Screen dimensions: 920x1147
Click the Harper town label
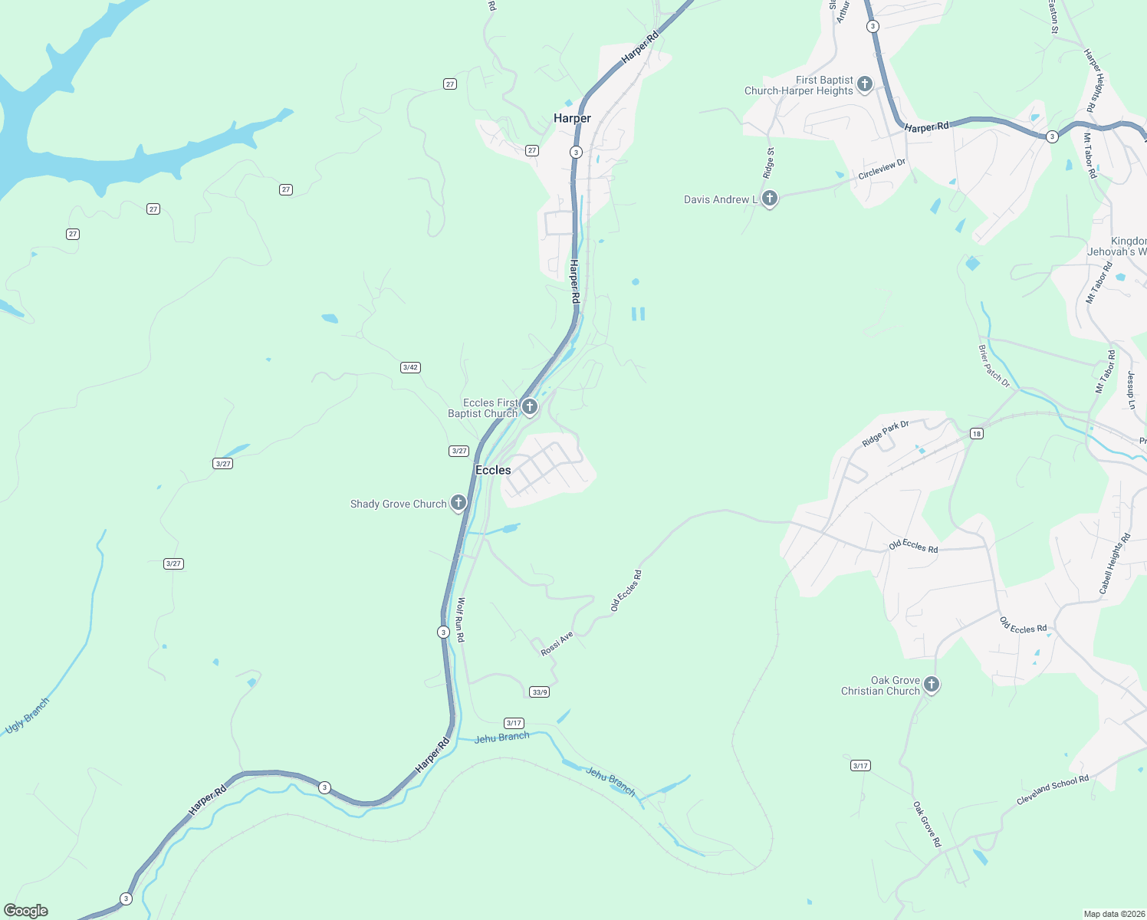pyautogui.click(x=572, y=118)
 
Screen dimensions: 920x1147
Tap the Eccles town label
pyautogui.click(x=493, y=470)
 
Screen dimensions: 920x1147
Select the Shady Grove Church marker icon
pyautogui.click(x=458, y=503)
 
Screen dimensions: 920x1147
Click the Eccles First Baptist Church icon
pyautogui.click(x=529, y=406)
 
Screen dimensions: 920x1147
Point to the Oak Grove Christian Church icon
pyautogui.click(x=932, y=684)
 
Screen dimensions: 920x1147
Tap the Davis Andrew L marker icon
pyautogui.click(x=770, y=199)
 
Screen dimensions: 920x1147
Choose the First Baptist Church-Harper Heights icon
pyautogui.click(x=865, y=84)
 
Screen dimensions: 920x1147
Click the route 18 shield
pyautogui.click(x=976, y=434)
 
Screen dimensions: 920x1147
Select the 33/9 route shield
pyautogui.click(x=540, y=692)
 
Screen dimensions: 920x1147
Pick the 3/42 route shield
pyautogui.click(x=410, y=367)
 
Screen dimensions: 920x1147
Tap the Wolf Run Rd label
pyautogui.click(x=461, y=619)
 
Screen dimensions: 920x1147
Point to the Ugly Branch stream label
pyautogui.click(x=28, y=715)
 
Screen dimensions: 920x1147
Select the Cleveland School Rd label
pyautogui.click(x=1053, y=790)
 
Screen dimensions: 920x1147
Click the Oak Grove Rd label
pyautogui.click(x=927, y=824)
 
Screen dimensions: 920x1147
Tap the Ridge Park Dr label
pyautogui.click(x=886, y=433)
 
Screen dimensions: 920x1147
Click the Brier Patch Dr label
pyautogui.click(x=994, y=366)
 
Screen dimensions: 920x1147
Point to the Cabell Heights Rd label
pyautogui.click(x=1116, y=564)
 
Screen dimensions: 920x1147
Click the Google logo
pyautogui.click(x=26, y=911)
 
